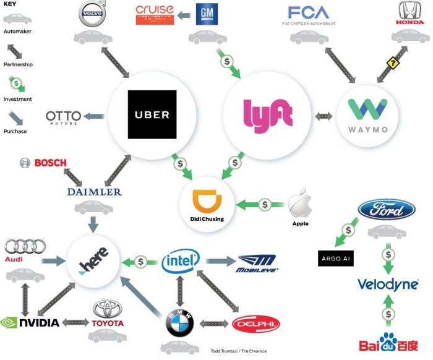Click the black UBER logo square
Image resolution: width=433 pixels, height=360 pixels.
click(152, 115)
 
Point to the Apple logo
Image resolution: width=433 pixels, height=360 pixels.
click(301, 205)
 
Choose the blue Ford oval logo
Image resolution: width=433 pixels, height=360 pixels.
click(386, 209)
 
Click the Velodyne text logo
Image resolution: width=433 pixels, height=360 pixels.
click(387, 284)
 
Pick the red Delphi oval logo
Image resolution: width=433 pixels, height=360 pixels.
click(255, 324)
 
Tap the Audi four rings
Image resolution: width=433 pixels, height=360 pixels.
click(25, 247)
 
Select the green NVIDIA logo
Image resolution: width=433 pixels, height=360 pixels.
click(30, 322)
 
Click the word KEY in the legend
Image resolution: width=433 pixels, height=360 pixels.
click(10, 4)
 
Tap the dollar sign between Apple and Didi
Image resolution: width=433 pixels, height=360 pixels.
click(265, 204)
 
